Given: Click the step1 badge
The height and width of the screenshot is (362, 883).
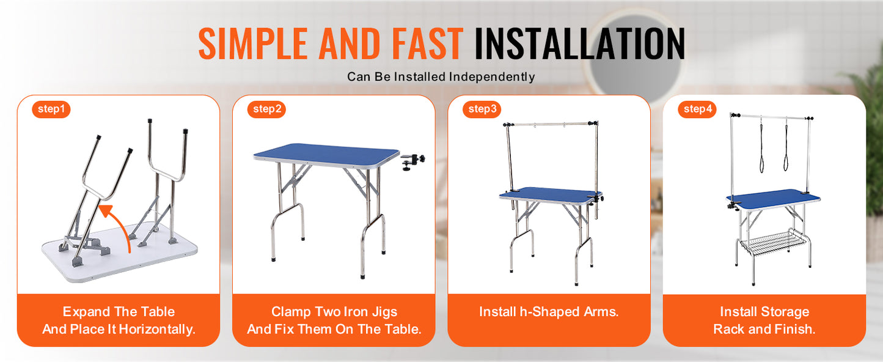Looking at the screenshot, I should pos(51,109).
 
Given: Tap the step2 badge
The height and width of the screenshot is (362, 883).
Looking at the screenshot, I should pos(267,109).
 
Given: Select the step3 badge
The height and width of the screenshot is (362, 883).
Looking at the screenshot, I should pos(482,109).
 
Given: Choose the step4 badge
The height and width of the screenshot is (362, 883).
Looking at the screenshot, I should pos(697,109).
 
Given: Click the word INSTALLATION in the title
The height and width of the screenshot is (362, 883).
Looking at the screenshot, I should pos(579,43).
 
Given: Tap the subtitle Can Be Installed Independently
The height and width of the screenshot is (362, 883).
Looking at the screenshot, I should pos(441,77).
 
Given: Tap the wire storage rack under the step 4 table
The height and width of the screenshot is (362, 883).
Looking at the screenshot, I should pos(773,241).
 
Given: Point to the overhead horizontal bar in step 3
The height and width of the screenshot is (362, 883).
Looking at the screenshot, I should pos(550,125).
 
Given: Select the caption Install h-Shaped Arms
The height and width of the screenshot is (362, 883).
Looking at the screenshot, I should pos(549,312).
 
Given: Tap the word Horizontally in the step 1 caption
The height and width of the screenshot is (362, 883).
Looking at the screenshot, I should pos(157,329).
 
